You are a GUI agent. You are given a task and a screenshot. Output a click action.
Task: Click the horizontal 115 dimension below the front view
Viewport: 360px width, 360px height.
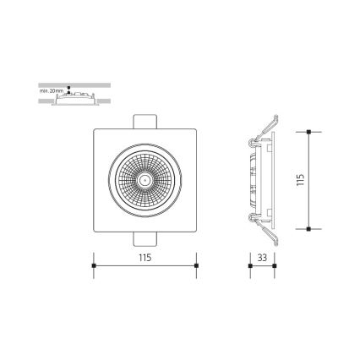[x=145, y=258]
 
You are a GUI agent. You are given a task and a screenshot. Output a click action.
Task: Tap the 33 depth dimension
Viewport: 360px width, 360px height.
[x=262, y=258]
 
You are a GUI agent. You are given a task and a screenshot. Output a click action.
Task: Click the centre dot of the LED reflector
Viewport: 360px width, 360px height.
[x=145, y=179]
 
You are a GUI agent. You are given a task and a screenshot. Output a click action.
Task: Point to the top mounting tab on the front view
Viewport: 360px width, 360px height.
[x=145, y=119]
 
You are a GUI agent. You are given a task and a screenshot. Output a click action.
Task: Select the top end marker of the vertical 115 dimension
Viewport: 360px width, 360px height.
[x=309, y=131]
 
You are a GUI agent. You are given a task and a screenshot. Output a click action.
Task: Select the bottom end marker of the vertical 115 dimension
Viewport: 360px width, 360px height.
[x=309, y=228]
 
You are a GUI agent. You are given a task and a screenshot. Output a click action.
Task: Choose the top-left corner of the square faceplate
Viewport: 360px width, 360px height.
[x=94, y=128]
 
